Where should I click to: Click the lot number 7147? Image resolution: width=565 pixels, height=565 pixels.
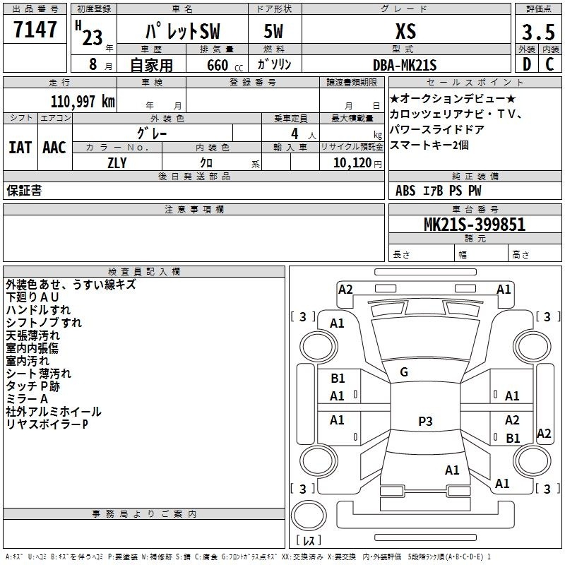tap(35, 30)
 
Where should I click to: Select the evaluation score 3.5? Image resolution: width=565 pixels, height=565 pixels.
tap(538, 32)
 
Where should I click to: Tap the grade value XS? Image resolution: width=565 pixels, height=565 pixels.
tap(406, 31)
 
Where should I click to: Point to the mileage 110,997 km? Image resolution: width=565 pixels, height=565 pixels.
tap(83, 102)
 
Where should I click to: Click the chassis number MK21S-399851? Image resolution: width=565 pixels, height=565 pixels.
tap(475, 224)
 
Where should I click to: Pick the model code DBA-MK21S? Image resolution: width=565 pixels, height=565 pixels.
tap(405, 65)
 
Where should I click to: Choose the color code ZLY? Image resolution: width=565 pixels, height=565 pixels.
tap(117, 163)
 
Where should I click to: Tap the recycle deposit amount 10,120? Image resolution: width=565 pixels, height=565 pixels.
tap(352, 162)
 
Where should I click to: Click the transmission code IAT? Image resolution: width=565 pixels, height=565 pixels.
tap(20, 148)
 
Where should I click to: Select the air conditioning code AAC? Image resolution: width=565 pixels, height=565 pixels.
tap(54, 148)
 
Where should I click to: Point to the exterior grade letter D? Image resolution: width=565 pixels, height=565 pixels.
tap(527, 64)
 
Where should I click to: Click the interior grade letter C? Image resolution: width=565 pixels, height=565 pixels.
tap(549, 64)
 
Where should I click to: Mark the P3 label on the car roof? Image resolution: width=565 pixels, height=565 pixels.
tap(425, 421)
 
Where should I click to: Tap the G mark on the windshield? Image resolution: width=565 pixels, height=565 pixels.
tap(404, 371)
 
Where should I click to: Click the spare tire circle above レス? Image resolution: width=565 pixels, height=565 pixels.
tap(309, 515)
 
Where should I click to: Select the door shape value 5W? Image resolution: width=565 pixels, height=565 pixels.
tap(273, 31)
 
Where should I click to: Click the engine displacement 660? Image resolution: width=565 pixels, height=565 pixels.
tap(218, 65)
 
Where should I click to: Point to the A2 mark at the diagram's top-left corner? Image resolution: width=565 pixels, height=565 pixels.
tap(345, 290)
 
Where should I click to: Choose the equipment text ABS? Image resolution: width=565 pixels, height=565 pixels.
tap(405, 191)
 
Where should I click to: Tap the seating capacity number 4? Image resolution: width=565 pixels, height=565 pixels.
tap(295, 133)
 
